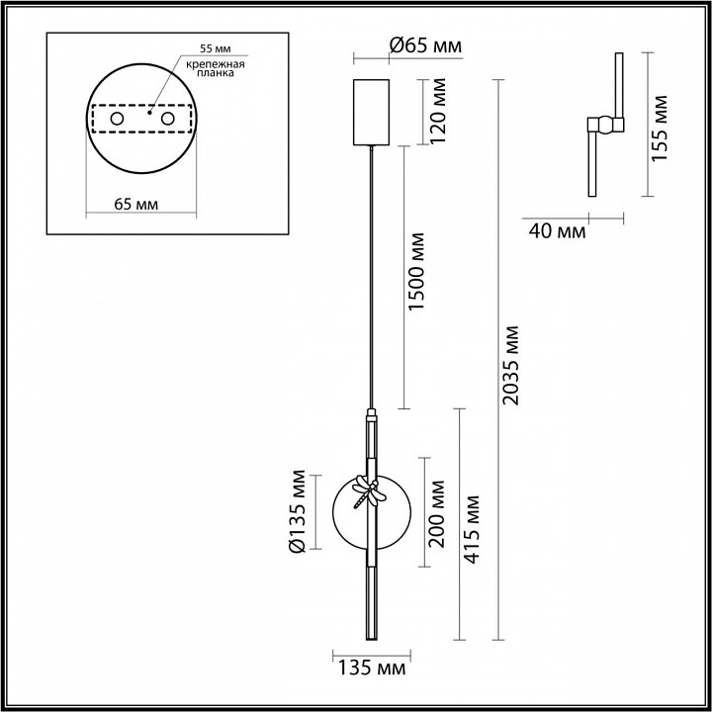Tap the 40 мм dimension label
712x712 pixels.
pyautogui.click(x=557, y=231)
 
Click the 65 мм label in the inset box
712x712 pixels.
pyautogui.click(x=136, y=205)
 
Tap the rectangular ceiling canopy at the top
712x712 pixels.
pyautogui.click(x=373, y=109)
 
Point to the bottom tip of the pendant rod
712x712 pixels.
pyautogui.click(x=372, y=636)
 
